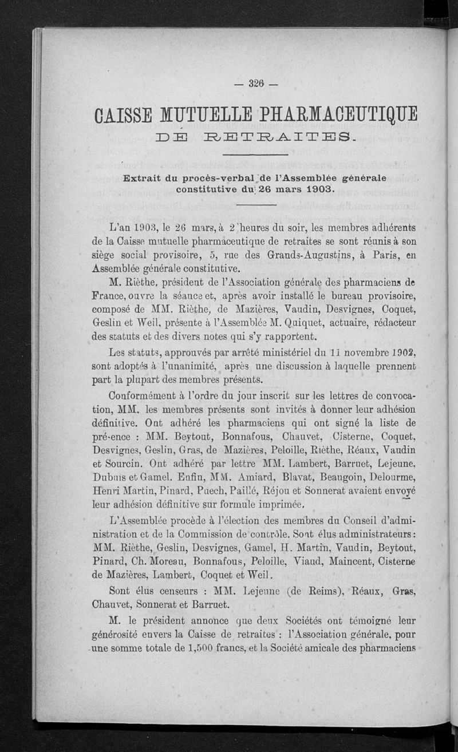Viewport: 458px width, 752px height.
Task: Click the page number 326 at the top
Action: pos(255,84)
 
